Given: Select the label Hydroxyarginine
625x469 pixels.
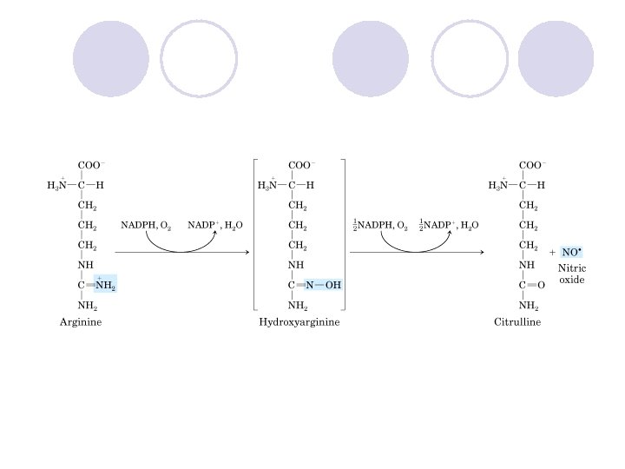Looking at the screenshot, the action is coord(299,322).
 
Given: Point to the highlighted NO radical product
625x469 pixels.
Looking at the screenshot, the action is coord(571,252).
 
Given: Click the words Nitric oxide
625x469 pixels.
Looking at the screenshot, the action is coord(571,274).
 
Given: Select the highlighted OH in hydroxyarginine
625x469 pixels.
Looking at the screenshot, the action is coord(333,285).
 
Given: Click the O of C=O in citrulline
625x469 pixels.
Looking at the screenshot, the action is coord(542,285).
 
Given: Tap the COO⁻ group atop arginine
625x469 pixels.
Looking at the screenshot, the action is coord(91,165).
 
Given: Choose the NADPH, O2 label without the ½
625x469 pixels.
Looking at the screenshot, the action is coord(146,225).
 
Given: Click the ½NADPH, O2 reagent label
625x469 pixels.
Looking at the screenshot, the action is coord(380,225).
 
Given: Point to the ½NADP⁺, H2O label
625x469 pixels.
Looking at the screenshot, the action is coord(448,225).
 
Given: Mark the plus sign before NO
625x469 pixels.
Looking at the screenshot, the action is coord(553,253).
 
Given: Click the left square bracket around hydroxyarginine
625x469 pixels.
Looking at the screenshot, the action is coord(254,234).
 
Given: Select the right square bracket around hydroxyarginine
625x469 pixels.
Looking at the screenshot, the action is coord(344,234).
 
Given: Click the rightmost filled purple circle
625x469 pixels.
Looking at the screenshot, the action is coord(556,57).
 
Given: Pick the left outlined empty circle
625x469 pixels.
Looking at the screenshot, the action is coord(199,57).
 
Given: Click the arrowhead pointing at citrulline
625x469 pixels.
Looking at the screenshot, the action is coord(480,253).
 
